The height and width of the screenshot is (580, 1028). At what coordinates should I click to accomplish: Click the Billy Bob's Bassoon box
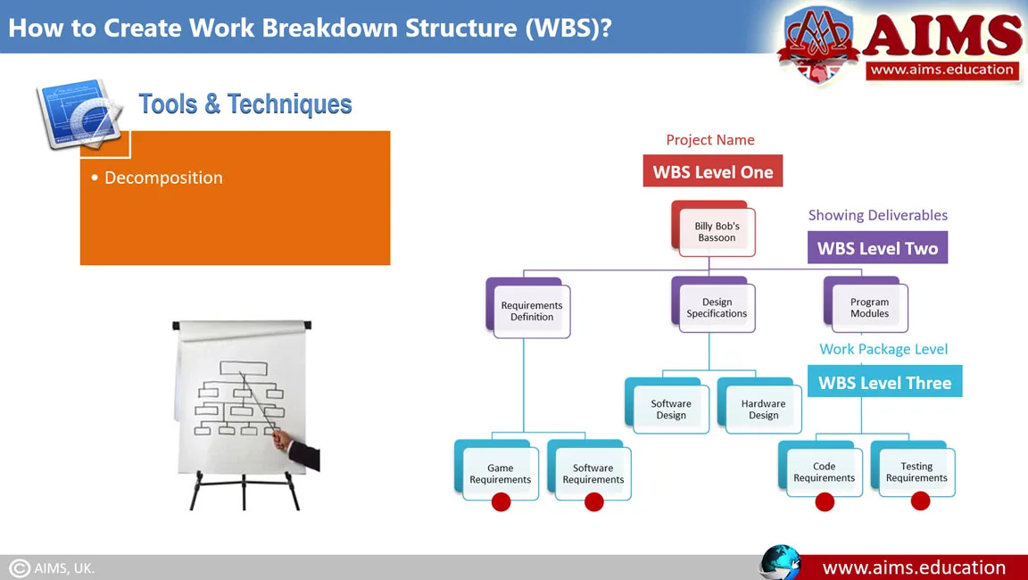tap(717, 232)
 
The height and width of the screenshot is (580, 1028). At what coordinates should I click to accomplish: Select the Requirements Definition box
tap(532, 311)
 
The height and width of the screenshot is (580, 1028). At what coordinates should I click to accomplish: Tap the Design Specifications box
tap(717, 308)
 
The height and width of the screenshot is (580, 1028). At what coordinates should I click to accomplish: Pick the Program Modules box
tap(869, 308)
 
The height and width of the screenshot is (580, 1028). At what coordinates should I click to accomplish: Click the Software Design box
tap(671, 409)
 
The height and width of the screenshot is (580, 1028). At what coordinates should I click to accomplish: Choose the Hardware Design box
tap(763, 409)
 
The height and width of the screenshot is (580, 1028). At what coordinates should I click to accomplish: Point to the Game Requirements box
tap(500, 473)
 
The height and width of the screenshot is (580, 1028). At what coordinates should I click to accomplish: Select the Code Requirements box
tap(824, 471)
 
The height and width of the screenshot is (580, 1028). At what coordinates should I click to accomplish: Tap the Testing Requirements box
tap(916, 471)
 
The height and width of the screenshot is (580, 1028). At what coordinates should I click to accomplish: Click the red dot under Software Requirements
tap(593, 502)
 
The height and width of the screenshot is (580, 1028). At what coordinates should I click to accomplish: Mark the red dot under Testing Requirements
tap(920, 501)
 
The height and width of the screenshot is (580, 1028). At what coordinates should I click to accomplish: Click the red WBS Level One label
tap(712, 171)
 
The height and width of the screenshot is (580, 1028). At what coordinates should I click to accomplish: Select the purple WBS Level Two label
tap(877, 248)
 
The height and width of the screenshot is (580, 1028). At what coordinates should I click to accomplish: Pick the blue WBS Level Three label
tap(884, 382)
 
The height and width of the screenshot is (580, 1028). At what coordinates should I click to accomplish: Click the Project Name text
tap(710, 140)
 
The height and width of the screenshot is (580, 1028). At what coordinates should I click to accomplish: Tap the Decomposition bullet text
tap(163, 178)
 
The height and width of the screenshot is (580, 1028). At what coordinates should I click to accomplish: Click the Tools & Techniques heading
tap(245, 104)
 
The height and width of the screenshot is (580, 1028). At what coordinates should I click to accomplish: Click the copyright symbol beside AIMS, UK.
tap(20, 568)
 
